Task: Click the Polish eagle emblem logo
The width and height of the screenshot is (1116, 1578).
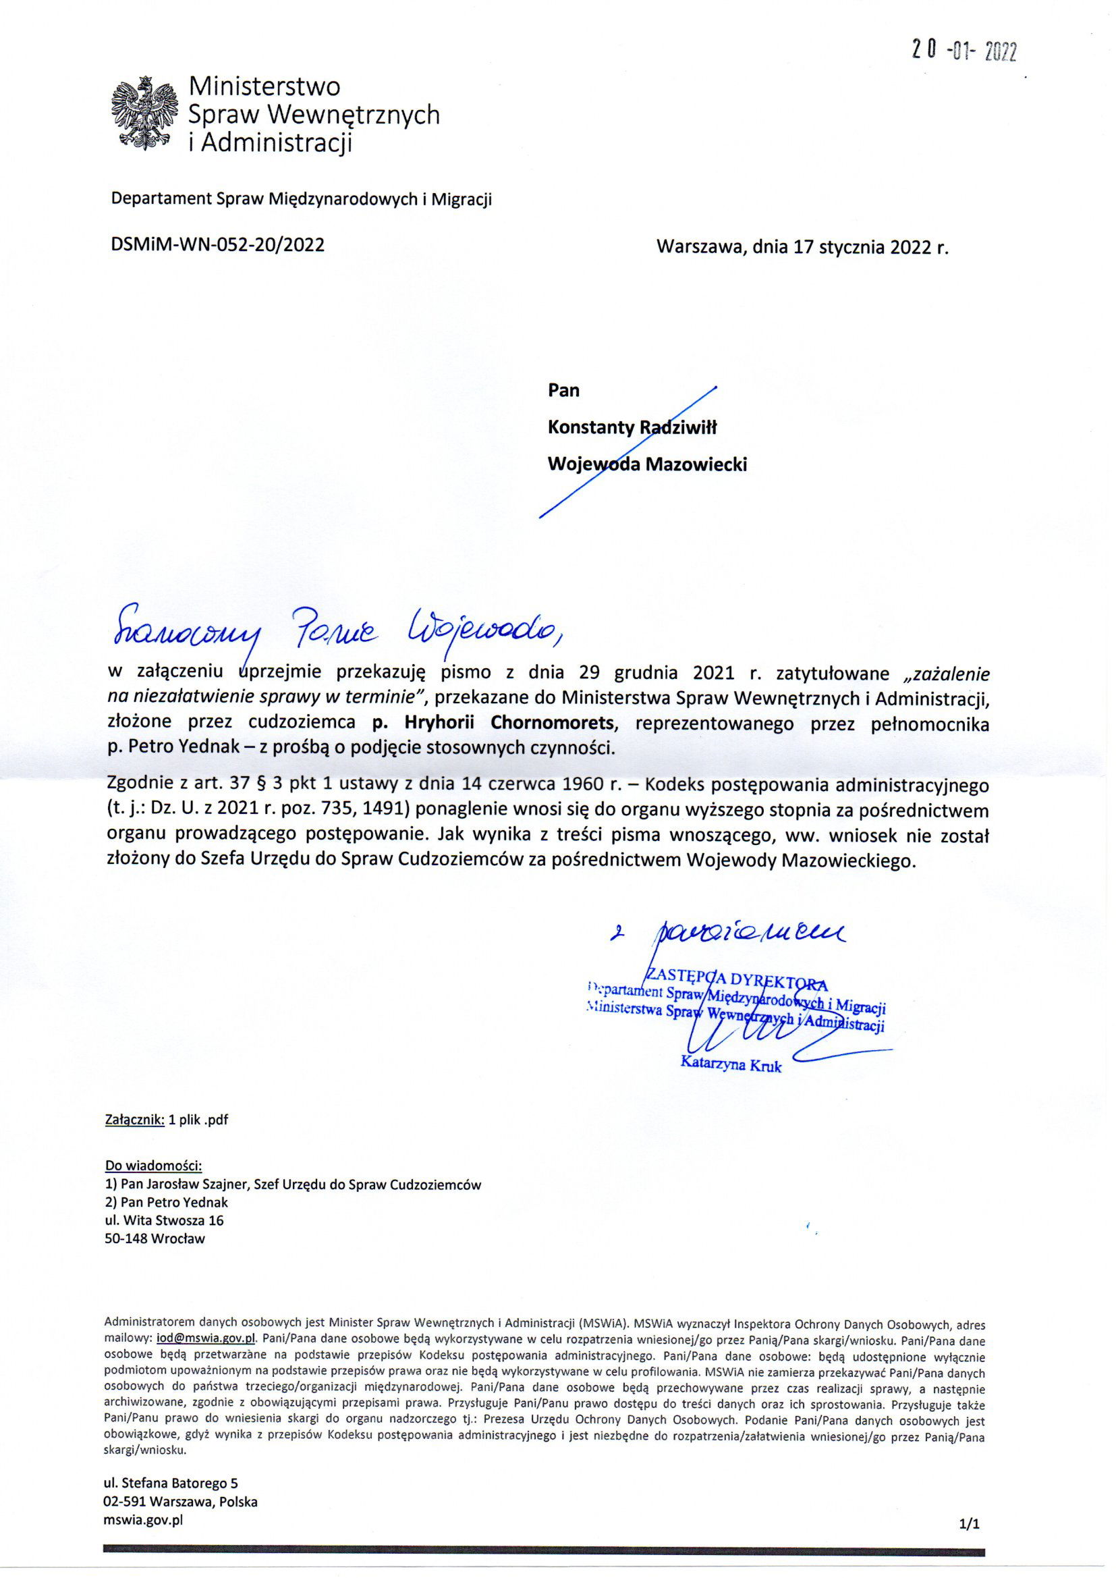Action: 144,113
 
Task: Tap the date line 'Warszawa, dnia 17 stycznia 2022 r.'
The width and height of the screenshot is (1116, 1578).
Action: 802,248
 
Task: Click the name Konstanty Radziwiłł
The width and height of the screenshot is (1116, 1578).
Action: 632,427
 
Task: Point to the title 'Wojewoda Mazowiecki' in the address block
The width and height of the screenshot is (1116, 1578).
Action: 646,464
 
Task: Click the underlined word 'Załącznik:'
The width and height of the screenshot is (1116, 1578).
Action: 134,1120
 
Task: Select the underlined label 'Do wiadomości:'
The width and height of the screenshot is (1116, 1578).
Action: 153,1166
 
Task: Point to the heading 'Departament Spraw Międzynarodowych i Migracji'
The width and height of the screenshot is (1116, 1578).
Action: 302,199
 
